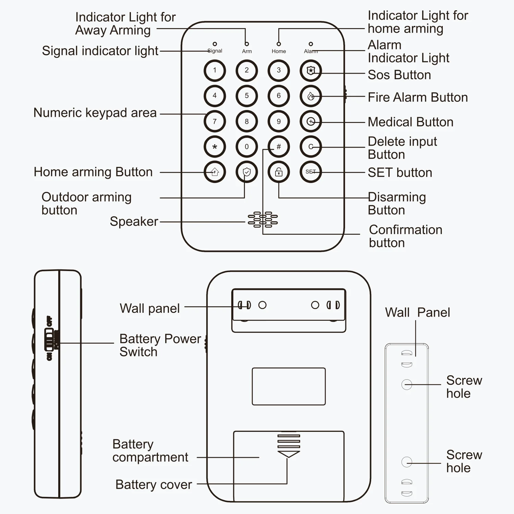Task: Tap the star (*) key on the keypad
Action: click(x=215, y=147)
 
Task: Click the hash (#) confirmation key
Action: click(x=279, y=147)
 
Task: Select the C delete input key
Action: click(x=310, y=147)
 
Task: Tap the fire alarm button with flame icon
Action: click(x=310, y=96)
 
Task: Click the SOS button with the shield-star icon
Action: click(x=310, y=71)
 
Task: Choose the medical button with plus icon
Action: click(x=310, y=121)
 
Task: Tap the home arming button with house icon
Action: click(x=215, y=172)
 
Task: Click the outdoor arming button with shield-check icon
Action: click(x=247, y=172)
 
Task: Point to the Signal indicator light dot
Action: click(x=215, y=44)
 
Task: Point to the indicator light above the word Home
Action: click(x=279, y=44)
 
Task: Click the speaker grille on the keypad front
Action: click(x=263, y=220)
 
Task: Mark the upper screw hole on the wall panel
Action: click(x=406, y=384)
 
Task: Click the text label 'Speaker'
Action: click(x=134, y=222)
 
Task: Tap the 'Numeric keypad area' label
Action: click(x=95, y=113)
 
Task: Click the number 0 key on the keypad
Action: click(x=247, y=147)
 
